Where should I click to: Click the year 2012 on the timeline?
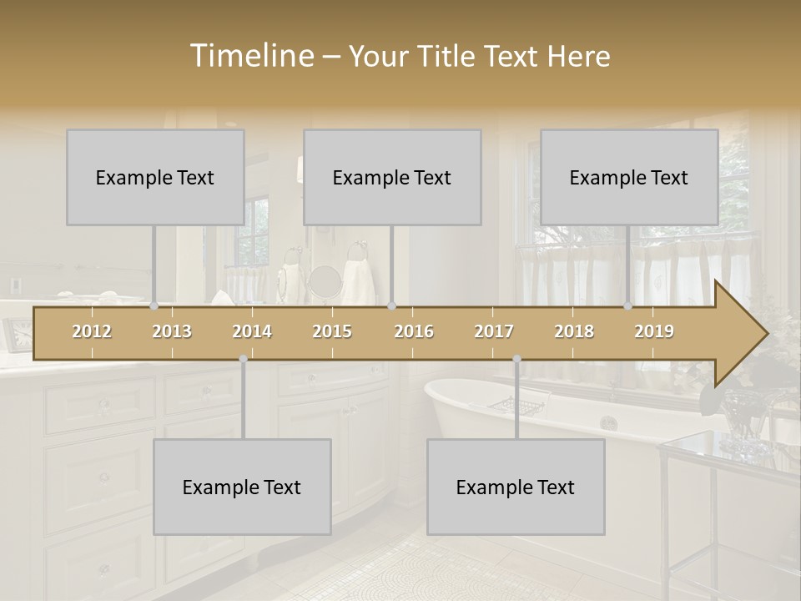[x=92, y=331]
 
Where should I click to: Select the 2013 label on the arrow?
[x=172, y=331]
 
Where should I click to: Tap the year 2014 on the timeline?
[x=252, y=331]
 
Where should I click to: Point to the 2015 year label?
[x=332, y=331]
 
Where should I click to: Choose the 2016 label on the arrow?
[x=414, y=331]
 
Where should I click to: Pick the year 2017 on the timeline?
[x=494, y=331]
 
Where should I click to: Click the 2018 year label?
[x=574, y=331]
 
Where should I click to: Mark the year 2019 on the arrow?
[x=654, y=331]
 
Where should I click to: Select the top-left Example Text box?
[x=155, y=177]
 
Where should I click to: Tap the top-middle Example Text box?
[x=392, y=177]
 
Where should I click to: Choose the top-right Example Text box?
[x=629, y=177]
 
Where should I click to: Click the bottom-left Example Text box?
[x=242, y=487]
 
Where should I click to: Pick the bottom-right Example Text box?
[x=516, y=487]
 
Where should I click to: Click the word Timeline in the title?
[x=250, y=56]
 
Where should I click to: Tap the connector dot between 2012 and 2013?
[x=154, y=306]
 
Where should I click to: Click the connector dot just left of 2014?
[x=243, y=359]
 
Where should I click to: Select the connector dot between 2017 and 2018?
[x=516, y=359]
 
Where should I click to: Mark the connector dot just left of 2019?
[x=628, y=306]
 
